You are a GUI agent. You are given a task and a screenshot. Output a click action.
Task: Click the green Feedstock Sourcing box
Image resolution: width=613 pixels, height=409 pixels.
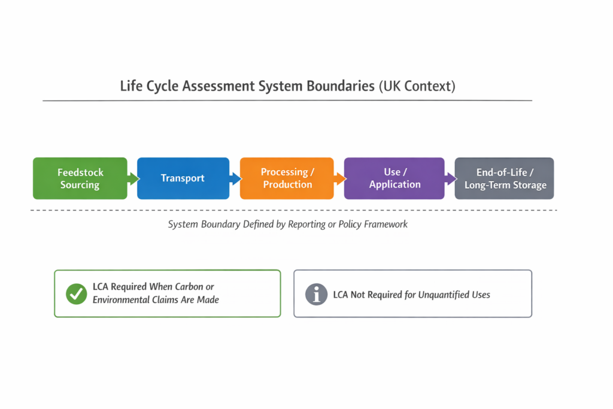coord(80,178)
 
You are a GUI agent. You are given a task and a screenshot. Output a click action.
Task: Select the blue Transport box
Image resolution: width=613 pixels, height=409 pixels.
coord(183,178)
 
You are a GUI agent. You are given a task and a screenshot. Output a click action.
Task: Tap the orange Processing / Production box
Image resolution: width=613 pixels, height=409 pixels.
coord(287,178)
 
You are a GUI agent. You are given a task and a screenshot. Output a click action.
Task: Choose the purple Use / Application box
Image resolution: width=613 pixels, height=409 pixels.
coord(393,178)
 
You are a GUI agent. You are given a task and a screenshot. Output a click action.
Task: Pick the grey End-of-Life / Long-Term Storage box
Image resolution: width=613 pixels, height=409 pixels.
coord(505,178)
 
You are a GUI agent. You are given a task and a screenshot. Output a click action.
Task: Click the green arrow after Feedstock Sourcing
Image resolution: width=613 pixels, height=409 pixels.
coord(133,178)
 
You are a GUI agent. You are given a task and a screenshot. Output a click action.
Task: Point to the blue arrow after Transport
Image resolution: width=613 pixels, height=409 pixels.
coord(235,178)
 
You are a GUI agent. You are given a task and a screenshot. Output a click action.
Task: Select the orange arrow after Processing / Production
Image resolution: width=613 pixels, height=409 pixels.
coord(339,178)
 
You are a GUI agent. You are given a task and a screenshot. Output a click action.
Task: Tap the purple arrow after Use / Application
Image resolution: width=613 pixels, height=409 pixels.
coord(450,178)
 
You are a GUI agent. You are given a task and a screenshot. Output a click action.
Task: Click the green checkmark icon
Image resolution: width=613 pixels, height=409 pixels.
coord(76,293)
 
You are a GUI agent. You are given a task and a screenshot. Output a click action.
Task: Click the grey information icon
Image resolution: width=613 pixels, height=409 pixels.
coord(316,294)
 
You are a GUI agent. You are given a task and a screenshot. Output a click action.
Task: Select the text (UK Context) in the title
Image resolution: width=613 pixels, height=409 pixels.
coord(417,86)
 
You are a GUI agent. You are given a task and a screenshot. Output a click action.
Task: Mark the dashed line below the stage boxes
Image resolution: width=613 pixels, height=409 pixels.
coord(293,210)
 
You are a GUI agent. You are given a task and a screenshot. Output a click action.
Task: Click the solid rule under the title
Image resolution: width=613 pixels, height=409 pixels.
coord(287,101)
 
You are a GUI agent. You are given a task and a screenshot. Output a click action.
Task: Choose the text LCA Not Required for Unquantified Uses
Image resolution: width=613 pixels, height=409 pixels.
coord(411,295)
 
